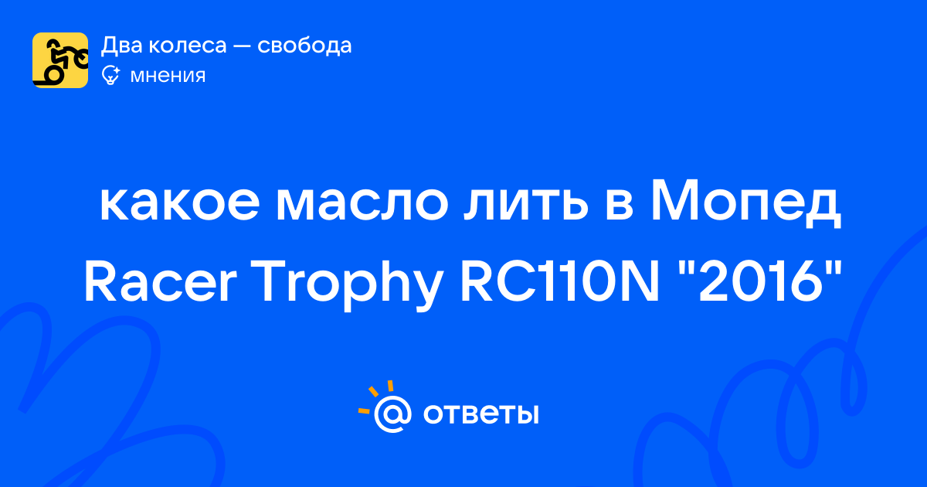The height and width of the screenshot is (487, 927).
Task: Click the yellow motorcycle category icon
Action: (60, 60)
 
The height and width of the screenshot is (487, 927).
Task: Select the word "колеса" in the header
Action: (188, 46)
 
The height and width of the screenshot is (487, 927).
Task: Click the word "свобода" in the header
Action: (304, 45)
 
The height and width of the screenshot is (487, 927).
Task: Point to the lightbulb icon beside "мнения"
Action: (110, 76)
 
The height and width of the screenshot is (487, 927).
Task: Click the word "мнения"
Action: (168, 77)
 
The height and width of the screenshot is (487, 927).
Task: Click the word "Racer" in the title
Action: (160, 281)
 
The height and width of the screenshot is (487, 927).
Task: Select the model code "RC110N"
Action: (559, 281)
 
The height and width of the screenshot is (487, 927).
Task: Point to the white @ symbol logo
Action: (392, 414)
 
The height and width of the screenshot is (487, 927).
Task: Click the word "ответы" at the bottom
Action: (480, 414)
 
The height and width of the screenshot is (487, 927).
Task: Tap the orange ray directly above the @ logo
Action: (390, 386)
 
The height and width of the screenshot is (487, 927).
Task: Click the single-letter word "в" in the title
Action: (620, 205)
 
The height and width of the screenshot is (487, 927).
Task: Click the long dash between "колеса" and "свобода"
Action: (242, 46)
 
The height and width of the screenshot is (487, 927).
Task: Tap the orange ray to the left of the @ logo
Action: (364, 410)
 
